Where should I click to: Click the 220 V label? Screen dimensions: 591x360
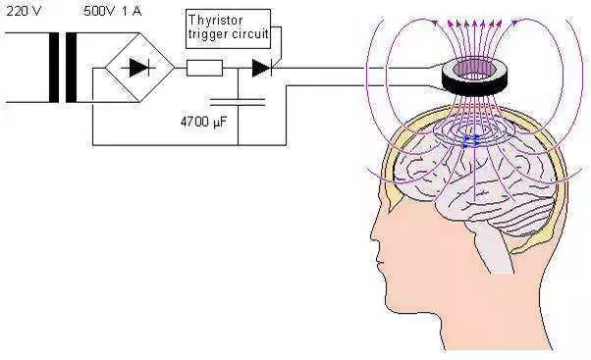(24, 12)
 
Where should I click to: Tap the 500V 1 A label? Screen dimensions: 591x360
(113, 12)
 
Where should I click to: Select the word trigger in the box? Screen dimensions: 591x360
(206, 35)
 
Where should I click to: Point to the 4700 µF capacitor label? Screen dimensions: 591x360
(204, 122)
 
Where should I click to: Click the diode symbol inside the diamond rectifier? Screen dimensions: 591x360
(138, 68)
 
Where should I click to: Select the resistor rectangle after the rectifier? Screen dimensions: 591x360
(204, 68)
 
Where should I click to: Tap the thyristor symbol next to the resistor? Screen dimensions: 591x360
(262, 68)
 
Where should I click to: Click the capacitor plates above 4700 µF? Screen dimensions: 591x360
(238, 102)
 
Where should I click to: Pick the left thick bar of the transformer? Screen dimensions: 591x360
(54, 68)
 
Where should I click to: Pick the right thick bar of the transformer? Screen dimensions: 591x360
(72, 68)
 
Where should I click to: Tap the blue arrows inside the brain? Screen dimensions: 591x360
(471, 140)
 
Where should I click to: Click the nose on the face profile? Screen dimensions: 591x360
(375, 231)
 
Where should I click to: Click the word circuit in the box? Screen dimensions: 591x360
(248, 34)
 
